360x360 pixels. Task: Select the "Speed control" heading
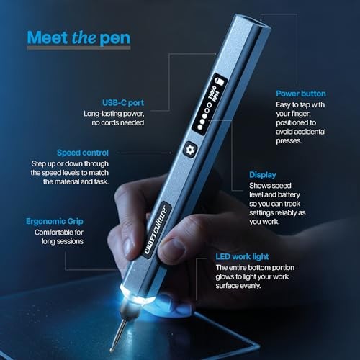tap(83, 153)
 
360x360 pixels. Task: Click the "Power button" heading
tap(301, 94)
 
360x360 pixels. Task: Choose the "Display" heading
tap(262, 174)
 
